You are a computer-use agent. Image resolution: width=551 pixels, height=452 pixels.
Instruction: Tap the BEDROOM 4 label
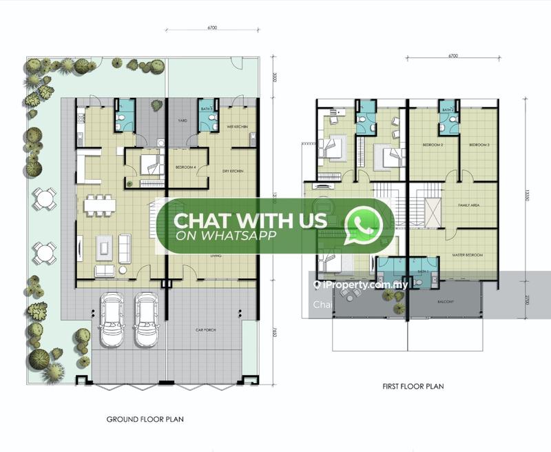tap(185, 167)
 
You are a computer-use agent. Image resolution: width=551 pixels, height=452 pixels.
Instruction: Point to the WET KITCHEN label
tap(238, 127)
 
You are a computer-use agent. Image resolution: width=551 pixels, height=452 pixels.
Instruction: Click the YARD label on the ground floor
tap(183, 120)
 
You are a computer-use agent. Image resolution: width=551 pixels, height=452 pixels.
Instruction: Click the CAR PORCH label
tap(206, 330)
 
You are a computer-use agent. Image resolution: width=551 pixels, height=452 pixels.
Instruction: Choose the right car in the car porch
tap(145, 320)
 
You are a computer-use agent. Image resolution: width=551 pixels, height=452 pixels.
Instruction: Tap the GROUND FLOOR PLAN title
tap(145, 418)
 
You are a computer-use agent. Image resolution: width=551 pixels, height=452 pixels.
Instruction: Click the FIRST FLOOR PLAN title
tap(413, 387)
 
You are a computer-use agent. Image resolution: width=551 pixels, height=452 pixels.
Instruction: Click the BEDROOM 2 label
tap(433, 145)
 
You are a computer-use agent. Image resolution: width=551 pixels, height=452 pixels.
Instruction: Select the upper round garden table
tap(45, 200)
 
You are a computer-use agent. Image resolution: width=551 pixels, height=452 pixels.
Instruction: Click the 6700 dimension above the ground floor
tap(211, 28)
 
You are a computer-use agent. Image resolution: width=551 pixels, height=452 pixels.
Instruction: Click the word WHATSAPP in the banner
tap(227, 235)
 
